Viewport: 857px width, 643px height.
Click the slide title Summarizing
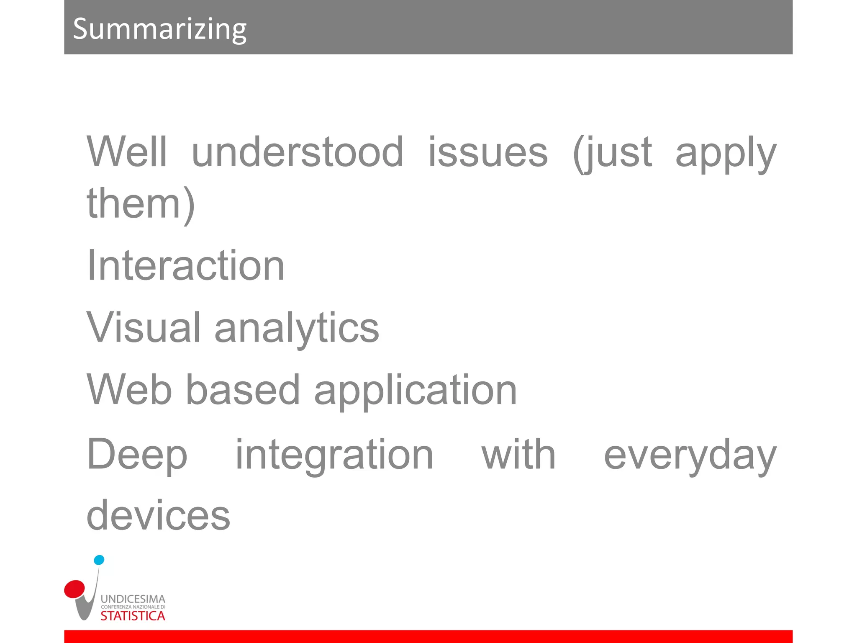pos(159,29)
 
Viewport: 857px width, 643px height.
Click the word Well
pos(127,152)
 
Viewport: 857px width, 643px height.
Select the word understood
pos(297,152)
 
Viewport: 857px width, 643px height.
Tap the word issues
pos(488,152)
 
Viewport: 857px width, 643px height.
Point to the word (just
pos(612,153)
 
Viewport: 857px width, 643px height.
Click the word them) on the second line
pos(141,204)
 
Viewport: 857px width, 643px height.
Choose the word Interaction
pos(185,265)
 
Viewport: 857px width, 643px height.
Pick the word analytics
pos(296,329)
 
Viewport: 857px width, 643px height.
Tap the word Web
pos(129,390)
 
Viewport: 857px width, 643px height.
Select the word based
pos(243,390)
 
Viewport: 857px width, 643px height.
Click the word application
pos(415,391)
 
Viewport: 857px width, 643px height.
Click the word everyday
pos(690,455)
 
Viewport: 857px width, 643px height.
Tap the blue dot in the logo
pos(99,560)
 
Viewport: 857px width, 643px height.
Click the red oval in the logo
pos(74,589)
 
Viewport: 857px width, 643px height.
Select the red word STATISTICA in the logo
pos(133,616)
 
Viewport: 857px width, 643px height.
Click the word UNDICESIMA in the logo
pos(133,599)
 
